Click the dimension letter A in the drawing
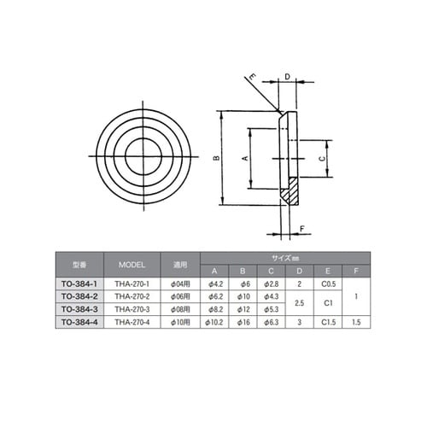click(246, 159)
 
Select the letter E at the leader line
click(253, 78)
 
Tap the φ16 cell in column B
click(246, 321)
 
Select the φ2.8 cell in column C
click(273, 283)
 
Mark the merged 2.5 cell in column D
click(299, 302)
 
